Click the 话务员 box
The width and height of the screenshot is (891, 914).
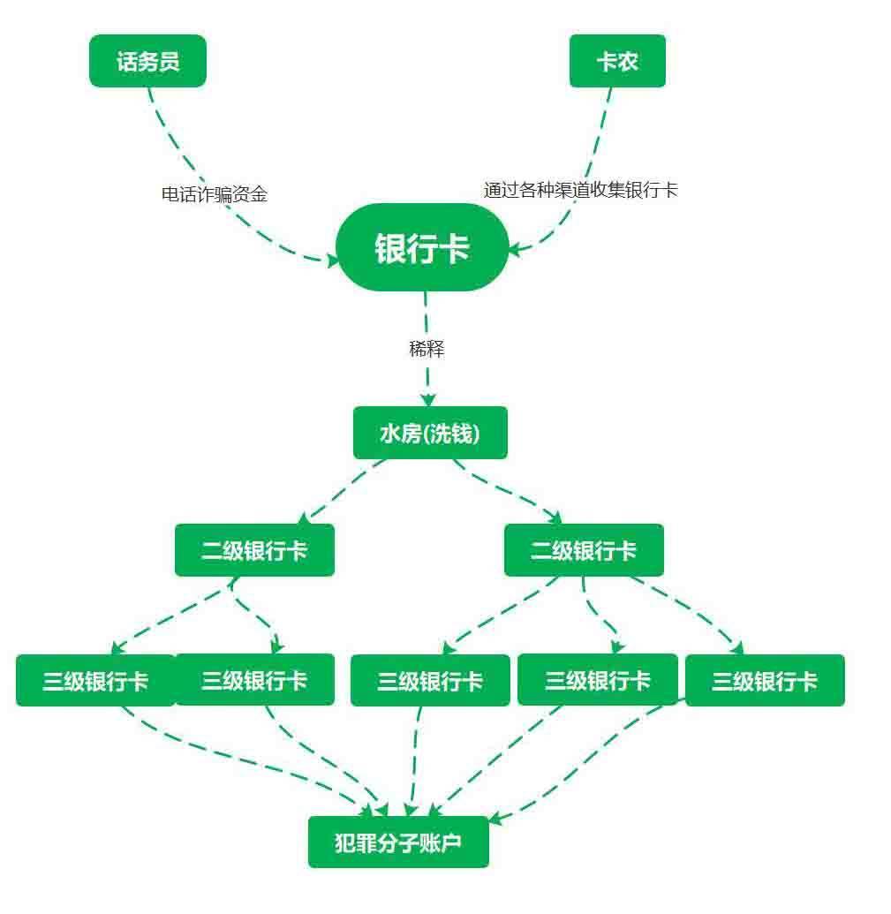click(x=147, y=61)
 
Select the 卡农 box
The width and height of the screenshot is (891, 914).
click(x=617, y=61)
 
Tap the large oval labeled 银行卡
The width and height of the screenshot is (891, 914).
click(x=422, y=247)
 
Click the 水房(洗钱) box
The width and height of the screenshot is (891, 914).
click(x=430, y=433)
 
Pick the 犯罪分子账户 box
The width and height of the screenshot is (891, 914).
click(x=398, y=842)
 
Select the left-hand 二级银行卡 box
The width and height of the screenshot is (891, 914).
click(x=254, y=550)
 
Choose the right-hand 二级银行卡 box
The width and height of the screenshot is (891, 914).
click(x=584, y=550)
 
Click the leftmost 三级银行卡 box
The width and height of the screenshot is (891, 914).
click(x=95, y=680)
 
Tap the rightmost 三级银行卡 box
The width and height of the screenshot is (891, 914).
click(x=765, y=680)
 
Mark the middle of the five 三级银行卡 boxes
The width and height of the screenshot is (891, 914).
click(x=430, y=680)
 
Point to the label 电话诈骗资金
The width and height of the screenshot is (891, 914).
click(x=215, y=194)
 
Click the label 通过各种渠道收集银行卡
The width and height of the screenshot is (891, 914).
click(x=580, y=190)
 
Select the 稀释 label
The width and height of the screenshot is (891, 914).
click(x=427, y=349)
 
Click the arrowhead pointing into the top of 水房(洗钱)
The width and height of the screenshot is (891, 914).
click(x=428, y=399)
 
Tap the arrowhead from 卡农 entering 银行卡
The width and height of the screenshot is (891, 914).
click(x=516, y=249)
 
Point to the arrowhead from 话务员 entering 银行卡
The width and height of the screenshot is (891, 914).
click(x=332, y=260)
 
